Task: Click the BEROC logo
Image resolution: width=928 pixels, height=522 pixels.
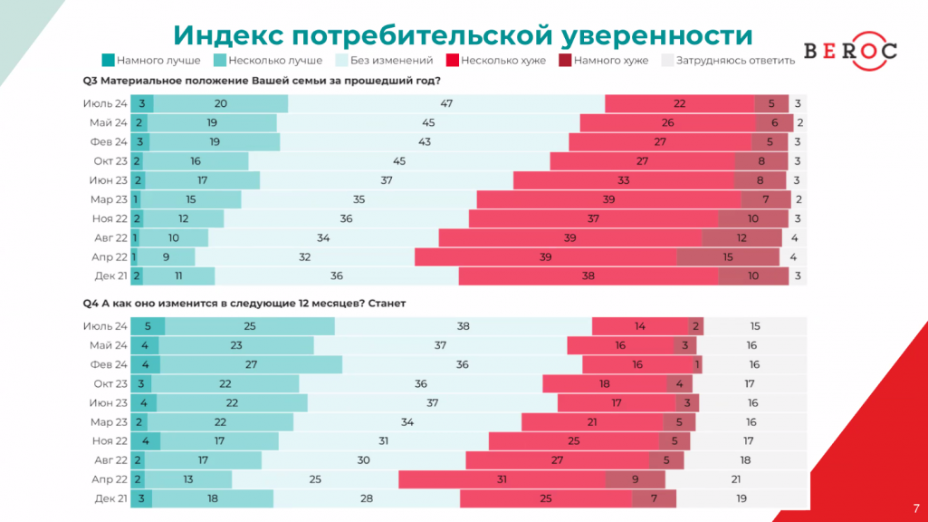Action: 850,51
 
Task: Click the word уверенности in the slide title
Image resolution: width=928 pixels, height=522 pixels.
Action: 656,34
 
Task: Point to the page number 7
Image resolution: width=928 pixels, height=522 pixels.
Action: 915,508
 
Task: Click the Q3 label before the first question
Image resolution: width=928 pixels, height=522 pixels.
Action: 90,81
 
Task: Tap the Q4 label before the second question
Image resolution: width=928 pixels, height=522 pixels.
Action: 90,304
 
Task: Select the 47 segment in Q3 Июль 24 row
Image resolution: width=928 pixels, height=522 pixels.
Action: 446,104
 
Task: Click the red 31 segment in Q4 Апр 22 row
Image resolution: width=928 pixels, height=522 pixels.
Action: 502,479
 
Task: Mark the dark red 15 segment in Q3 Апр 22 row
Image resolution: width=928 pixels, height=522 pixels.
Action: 728,256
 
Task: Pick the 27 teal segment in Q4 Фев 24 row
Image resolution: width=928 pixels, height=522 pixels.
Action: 251,364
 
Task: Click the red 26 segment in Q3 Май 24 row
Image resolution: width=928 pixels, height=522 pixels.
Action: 668,123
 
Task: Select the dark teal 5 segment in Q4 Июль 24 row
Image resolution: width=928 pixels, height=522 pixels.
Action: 148,326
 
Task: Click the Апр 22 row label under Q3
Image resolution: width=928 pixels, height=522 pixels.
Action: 110,256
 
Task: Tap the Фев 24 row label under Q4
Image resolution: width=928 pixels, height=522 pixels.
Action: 109,364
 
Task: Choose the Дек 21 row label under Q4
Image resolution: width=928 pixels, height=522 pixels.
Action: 110,498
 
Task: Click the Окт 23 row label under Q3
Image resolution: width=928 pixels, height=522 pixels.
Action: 110,161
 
